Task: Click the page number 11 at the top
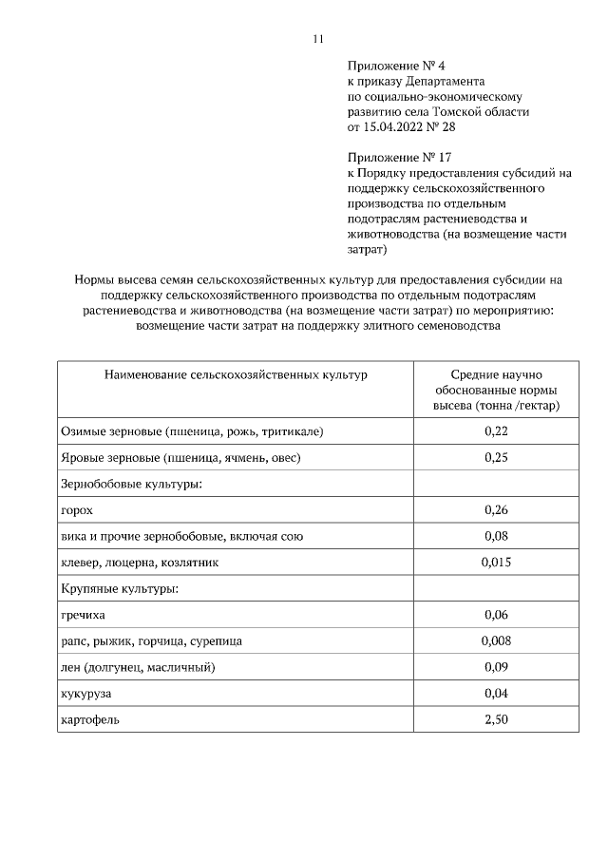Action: point(317,39)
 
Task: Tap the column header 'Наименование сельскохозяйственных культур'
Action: point(235,375)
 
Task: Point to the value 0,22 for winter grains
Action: point(496,431)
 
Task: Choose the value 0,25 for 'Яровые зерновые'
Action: point(496,458)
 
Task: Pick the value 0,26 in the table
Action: point(496,510)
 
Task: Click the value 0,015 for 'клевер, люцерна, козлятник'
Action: point(496,563)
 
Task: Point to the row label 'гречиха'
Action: point(84,615)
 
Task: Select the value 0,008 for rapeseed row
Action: point(496,640)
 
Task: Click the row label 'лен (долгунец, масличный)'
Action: point(138,667)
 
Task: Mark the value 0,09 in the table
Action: point(496,667)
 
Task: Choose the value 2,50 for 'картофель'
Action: point(496,719)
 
